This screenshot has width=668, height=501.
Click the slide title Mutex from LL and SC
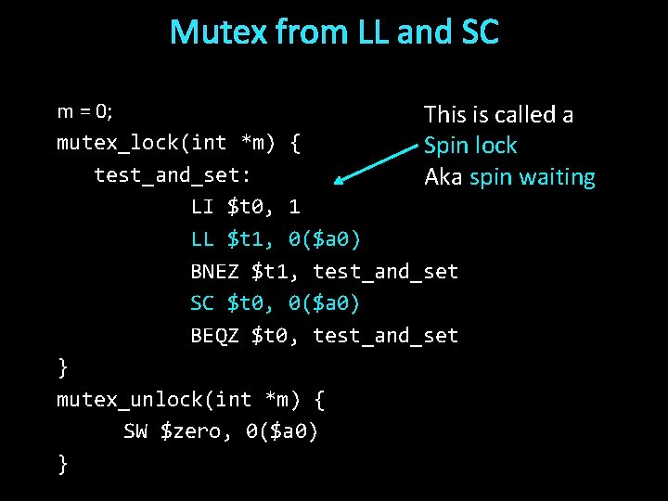(334, 32)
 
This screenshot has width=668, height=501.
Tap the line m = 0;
(84, 112)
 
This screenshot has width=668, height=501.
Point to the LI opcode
(201, 206)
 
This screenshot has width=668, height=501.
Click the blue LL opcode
(201, 238)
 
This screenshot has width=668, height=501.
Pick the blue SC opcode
(201, 303)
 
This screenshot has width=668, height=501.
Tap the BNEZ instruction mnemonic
(214, 271)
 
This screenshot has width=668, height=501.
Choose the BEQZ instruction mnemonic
(214, 336)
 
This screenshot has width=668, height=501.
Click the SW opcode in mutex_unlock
(135, 430)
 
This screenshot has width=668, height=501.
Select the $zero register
(196, 430)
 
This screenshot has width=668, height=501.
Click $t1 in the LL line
(245, 238)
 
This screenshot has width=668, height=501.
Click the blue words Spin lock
(470, 146)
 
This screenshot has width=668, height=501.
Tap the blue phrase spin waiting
(532, 177)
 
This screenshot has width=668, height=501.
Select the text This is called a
(498, 115)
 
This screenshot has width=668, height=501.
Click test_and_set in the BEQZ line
(386, 336)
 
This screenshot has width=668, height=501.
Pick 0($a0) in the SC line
(324, 303)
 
